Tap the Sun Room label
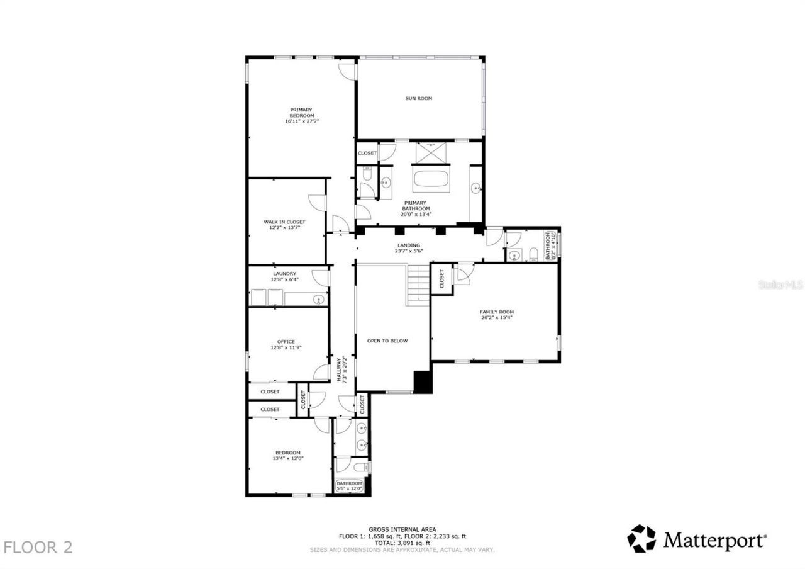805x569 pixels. click(418, 98)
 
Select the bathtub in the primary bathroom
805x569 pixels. click(431, 179)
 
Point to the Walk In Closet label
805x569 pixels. click(284, 222)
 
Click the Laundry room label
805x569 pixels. click(284, 274)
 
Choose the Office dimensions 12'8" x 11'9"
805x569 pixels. click(286, 347)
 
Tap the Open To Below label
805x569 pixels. click(387, 341)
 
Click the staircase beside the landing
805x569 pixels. click(418, 284)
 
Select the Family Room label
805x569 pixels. click(497, 312)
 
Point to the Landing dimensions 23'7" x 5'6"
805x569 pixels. click(408, 251)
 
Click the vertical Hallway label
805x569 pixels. click(341, 369)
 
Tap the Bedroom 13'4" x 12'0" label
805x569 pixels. click(287, 456)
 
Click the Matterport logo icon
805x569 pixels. click(641, 539)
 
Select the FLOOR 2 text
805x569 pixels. click(38, 547)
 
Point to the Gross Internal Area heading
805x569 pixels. click(402, 529)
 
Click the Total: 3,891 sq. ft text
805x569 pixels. click(402, 543)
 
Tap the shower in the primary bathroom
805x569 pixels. click(431, 152)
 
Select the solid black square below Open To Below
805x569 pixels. click(423, 382)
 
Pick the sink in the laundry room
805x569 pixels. click(318, 300)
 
